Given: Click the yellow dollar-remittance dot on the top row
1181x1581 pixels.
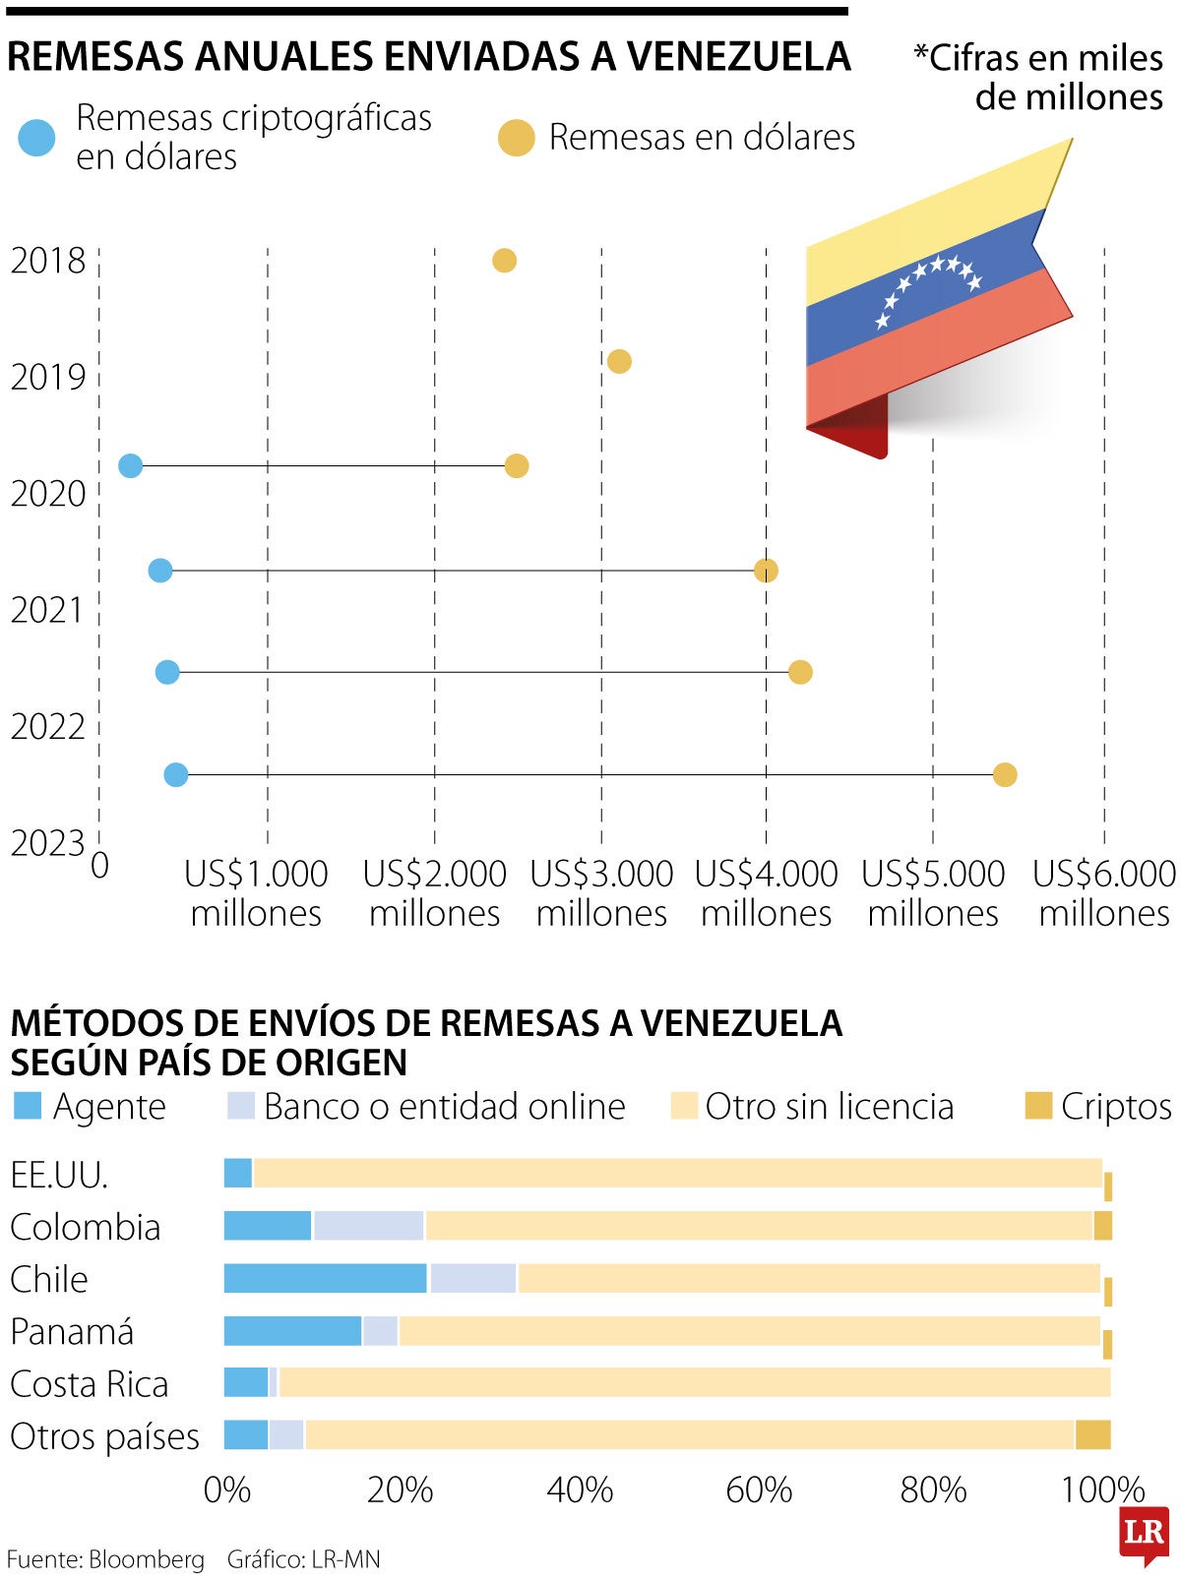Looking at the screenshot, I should [504, 261].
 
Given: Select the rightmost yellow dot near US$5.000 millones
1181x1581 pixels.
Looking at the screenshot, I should [1004, 775].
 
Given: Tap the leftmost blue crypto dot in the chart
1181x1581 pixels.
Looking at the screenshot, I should [130, 466].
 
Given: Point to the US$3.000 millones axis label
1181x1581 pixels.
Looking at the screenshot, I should [601, 893].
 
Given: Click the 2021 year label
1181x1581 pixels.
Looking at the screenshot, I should [48, 610].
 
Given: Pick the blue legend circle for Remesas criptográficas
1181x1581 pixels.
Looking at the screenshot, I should [38, 138].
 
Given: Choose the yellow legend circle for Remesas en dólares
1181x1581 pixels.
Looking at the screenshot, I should [516, 138].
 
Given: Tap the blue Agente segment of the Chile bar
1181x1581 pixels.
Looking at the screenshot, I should [325, 1278].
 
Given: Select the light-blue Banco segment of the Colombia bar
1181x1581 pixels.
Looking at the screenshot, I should [368, 1226].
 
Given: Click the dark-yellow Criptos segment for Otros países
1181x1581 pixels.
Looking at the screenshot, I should [1092, 1434].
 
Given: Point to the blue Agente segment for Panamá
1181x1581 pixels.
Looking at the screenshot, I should [292, 1330].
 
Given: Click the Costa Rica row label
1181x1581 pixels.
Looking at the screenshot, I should [90, 1384].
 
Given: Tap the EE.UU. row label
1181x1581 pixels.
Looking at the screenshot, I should [59, 1175].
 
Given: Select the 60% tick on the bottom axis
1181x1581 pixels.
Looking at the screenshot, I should [759, 1490].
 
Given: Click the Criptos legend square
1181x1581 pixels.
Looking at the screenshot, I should [1038, 1106].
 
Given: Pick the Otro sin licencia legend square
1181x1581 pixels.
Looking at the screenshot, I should [683, 1106].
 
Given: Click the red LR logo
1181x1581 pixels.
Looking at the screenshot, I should [1144, 1533].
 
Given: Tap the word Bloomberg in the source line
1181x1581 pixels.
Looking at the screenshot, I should [147, 1559].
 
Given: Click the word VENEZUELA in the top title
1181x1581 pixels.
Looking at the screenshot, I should [739, 57].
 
